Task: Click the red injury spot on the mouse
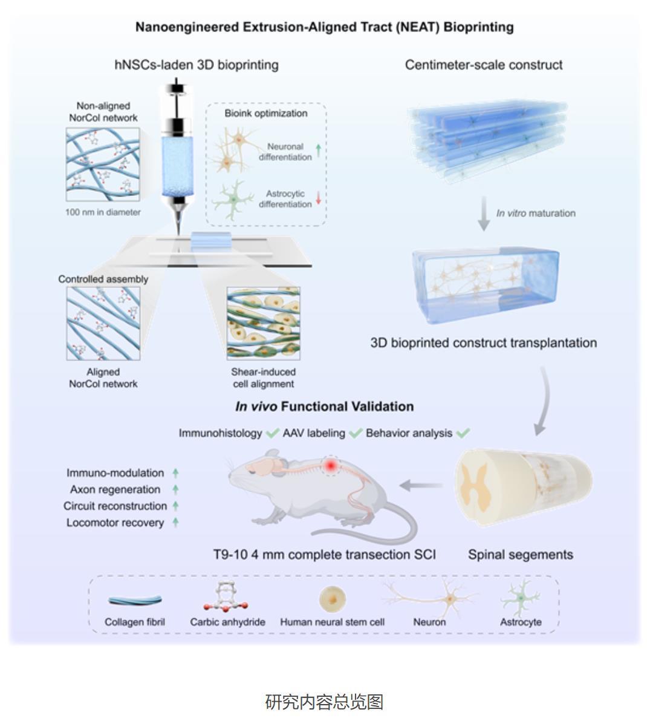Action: coord(331,466)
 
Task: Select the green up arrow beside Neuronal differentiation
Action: coord(319,151)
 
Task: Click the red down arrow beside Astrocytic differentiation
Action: coord(319,198)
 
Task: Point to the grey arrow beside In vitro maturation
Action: coord(483,214)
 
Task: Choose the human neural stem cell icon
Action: coord(332,599)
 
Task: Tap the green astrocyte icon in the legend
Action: coord(521,598)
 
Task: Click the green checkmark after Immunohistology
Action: coord(272,433)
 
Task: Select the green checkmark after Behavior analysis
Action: coord(463,433)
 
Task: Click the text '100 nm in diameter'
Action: coord(103,212)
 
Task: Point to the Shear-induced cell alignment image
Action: coord(263,323)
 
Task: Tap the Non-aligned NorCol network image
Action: coord(103,164)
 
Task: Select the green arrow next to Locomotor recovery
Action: coord(175,522)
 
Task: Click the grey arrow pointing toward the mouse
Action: coord(421,484)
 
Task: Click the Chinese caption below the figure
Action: coord(323,702)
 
